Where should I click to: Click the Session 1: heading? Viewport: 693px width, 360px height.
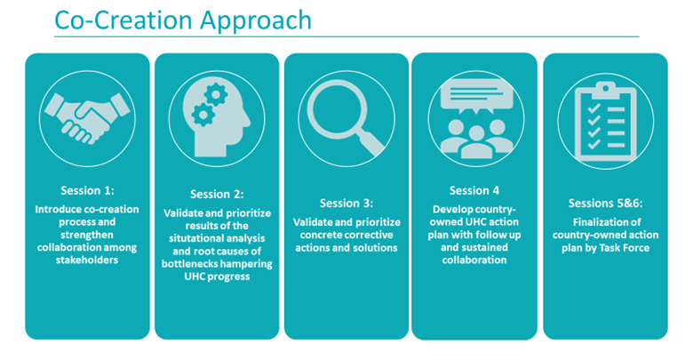88,190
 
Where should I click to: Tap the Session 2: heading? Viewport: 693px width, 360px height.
217,194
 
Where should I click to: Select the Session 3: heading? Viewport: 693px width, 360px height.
346,203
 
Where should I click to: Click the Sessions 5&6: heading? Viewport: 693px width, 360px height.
604,203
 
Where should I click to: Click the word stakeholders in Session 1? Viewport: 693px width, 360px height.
88,260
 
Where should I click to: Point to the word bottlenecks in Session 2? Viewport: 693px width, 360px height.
190,264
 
